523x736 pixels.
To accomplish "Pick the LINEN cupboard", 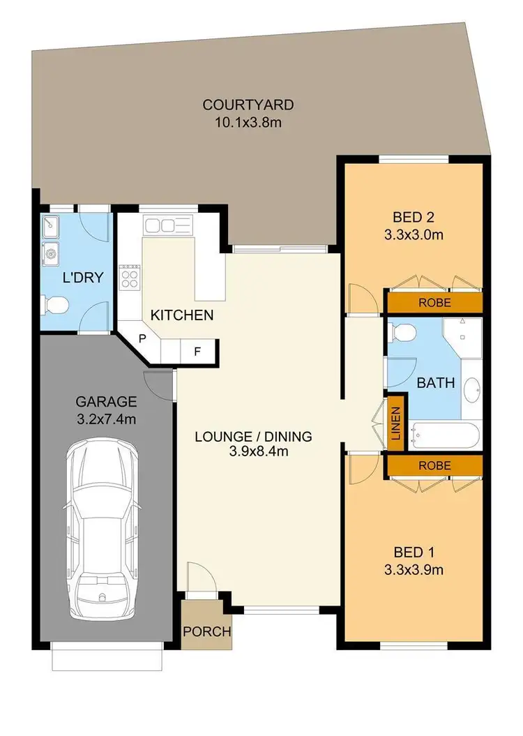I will pyautogui.click(x=395, y=426).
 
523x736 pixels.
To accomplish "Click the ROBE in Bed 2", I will pyautogui.click(x=434, y=303).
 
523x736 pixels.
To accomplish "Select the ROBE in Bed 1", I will pyautogui.click(x=434, y=465).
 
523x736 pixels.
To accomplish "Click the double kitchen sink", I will pyautogui.click(x=167, y=225).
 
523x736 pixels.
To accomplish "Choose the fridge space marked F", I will pyautogui.click(x=197, y=351).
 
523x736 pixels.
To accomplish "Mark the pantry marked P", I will pyautogui.click(x=142, y=338).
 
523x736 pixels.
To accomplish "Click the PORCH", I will pyautogui.click(x=206, y=631).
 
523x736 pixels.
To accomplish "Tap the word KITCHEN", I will pyautogui.click(x=182, y=315).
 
